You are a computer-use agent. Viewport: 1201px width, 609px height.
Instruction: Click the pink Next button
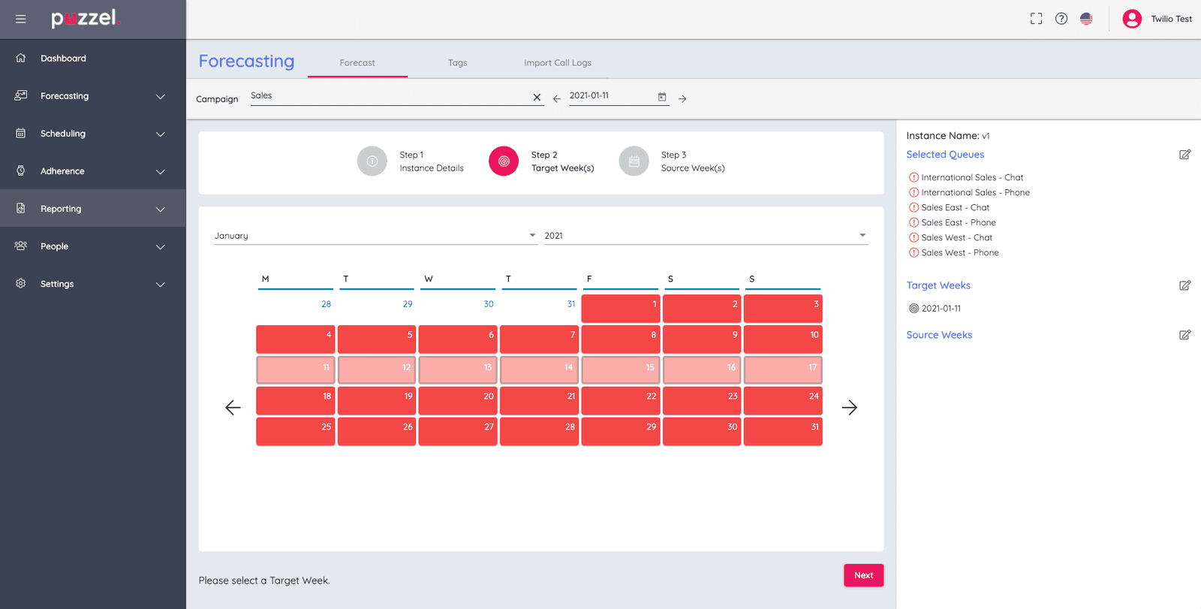click(863, 575)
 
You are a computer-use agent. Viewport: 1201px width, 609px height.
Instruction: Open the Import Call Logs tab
click(557, 63)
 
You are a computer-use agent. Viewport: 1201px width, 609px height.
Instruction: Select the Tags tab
click(457, 63)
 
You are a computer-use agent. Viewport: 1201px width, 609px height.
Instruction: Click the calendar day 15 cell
click(620, 369)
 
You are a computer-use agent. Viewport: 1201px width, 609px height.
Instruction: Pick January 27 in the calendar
click(458, 431)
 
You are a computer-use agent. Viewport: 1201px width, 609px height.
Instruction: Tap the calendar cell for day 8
click(620, 339)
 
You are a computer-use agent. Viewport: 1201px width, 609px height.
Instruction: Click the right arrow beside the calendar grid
click(849, 408)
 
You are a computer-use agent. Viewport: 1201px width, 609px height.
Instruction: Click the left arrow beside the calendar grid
click(233, 408)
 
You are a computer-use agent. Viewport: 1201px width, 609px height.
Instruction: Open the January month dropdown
click(375, 236)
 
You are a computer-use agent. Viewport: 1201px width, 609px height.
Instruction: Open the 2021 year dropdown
click(706, 236)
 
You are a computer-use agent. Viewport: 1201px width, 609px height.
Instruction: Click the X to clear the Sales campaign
click(537, 98)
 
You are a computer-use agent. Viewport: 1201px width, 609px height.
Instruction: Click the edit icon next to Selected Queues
click(1184, 155)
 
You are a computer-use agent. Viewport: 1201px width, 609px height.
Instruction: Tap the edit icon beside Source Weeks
click(1184, 335)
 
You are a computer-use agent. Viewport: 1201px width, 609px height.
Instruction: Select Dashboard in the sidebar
click(63, 59)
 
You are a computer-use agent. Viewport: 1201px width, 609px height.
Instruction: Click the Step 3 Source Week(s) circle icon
click(634, 161)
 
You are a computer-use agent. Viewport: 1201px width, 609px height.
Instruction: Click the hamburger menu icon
click(21, 19)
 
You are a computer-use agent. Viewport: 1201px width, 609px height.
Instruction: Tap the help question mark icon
click(1061, 19)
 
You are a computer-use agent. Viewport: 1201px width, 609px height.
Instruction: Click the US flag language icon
click(1086, 19)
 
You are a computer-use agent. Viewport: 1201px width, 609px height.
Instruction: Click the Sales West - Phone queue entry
click(959, 253)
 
